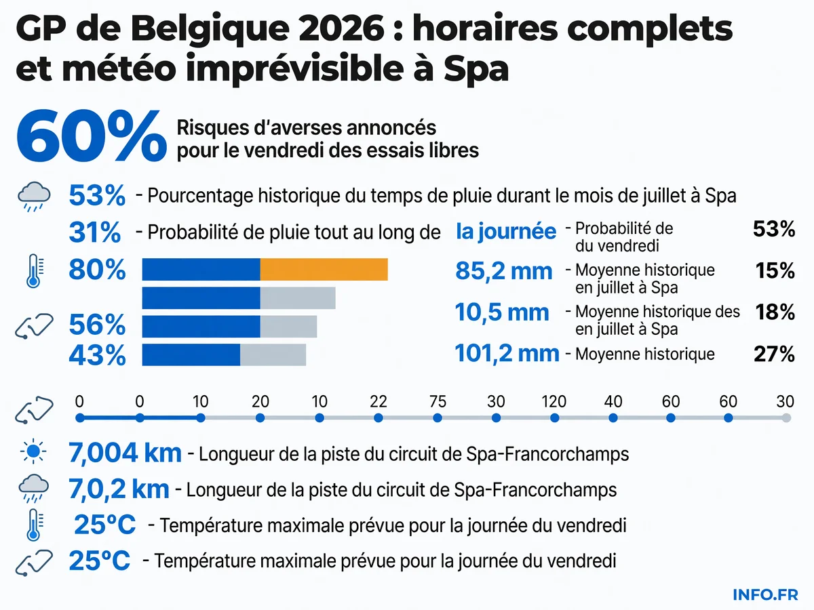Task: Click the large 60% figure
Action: pos(92,136)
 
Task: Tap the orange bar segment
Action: pos(324,269)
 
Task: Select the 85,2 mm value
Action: pos(503,272)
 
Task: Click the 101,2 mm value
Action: pos(507,354)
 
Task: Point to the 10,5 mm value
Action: pos(502,312)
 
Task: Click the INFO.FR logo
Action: pos(765,595)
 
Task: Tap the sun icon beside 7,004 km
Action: pos(33,451)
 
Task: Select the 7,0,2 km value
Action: pos(119,489)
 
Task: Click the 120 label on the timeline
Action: pos(554,401)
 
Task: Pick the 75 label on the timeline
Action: pos(438,401)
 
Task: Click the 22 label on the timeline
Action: pos(379,401)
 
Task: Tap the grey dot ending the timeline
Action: pos(786,418)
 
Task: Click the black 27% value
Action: pos(775,354)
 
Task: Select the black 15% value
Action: pos(775,270)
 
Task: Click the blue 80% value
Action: pos(97,270)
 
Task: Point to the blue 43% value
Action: pos(97,355)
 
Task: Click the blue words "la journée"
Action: pos(506,232)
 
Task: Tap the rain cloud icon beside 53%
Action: pos(34,197)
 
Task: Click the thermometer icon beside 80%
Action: pos(35,270)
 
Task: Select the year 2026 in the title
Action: pos(341,28)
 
